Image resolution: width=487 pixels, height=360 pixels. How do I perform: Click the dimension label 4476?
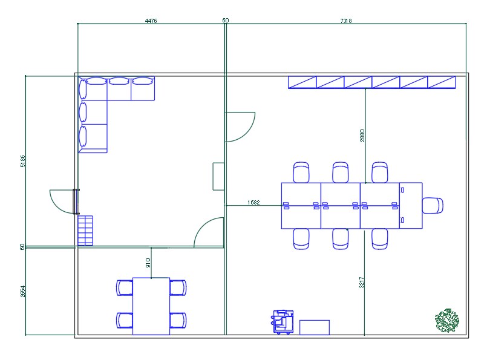pyautogui.click(x=151, y=21)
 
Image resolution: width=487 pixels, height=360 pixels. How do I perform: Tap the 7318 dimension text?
pyautogui.click(x=345, y=21)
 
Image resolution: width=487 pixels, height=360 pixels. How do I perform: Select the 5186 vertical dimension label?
pyautogui.click(x=23, y=161)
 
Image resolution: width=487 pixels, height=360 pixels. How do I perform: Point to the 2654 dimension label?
pyautogui.click(x=23, y=292)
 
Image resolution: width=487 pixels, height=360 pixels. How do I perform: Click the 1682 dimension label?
pyautogui.click(x=253, y=203)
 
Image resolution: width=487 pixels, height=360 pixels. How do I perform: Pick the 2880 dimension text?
pyautogui.click(x=362, y=136)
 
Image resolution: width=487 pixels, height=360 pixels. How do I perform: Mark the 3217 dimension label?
pyautogui.click(x=362, y=283)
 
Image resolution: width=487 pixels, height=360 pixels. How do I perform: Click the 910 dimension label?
pyautogui.click(x=148, y=263)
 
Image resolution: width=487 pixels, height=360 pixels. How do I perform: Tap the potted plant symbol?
pyautogui.click(x=447, y=320)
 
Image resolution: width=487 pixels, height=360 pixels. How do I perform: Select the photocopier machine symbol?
pyautogui.click(x=283, y=322)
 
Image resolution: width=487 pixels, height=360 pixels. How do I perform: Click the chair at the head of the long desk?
pyautogui.click(x=433, y=206)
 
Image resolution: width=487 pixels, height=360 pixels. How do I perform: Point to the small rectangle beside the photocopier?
pyautogui.click(x=315, y=327)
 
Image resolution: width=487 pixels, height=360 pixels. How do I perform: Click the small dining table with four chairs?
pyautogui.click(x=151, y=306)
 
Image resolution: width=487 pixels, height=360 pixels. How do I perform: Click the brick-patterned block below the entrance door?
pyautogui.click(x=85, y=231)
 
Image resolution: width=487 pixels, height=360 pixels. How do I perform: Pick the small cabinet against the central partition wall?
pyautogui.click(x=218, y=177)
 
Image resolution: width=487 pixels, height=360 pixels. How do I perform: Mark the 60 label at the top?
pyautogui.click(x=226, y=20)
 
